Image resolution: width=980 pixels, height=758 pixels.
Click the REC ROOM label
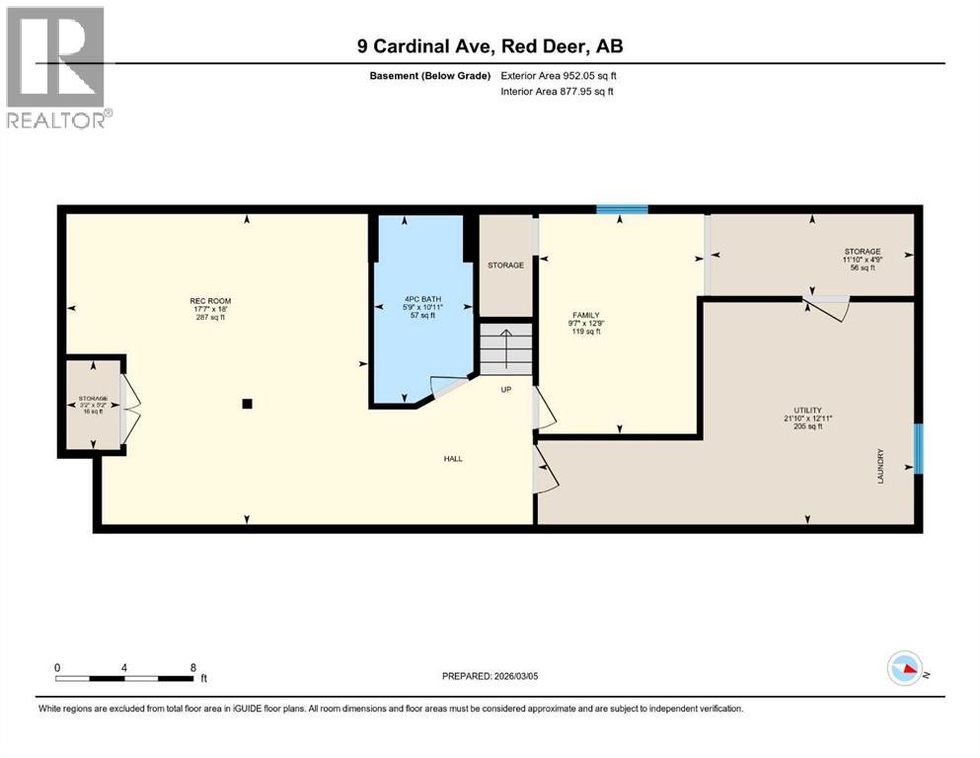209,301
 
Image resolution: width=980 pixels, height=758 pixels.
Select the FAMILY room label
586,316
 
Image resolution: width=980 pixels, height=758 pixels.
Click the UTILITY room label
807,411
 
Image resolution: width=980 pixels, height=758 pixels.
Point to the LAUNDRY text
881,467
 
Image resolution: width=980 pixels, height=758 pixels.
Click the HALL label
453,459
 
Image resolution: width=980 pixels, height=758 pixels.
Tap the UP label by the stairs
505,389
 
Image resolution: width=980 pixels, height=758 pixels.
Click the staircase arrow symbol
505,347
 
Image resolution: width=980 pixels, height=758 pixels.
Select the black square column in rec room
247,403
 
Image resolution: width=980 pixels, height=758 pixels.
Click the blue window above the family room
622,209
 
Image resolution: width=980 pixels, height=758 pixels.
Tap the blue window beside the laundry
918,449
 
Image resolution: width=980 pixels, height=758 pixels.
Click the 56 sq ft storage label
862,260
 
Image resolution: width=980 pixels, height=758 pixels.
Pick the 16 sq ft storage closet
93,405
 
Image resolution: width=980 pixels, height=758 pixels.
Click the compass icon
905,669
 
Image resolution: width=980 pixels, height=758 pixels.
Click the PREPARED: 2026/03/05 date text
490,676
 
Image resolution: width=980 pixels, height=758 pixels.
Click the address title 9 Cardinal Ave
490,45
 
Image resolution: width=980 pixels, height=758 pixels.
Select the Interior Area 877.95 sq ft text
558,92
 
